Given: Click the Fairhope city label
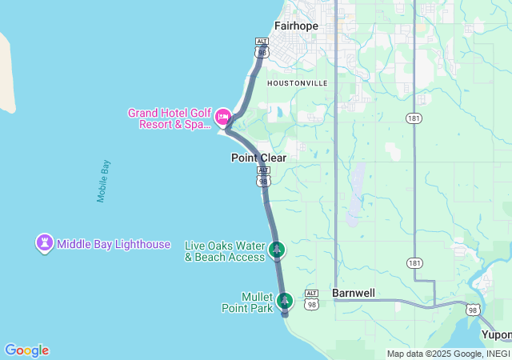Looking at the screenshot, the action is (296, 26).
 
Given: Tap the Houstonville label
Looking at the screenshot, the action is (297, 82).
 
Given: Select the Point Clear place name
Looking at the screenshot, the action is (258, 158).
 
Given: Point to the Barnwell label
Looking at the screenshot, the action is (354, 293).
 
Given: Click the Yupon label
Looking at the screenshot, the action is (496, 334).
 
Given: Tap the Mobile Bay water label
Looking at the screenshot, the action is (103, 181).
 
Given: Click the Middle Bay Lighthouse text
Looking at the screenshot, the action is (114, 243).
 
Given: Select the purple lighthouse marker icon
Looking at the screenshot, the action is (45, 242).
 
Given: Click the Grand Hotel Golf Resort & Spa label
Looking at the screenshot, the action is (169, 118).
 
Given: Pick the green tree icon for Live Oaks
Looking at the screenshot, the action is (277, 250).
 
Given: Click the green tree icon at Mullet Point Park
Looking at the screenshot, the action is (285, 301).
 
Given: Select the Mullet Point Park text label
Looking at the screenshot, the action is (257, 302).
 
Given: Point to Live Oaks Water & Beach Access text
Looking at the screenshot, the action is (225, 251).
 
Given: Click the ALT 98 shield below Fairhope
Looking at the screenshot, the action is (262, 47).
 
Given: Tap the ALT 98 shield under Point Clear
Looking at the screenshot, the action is (264, 178).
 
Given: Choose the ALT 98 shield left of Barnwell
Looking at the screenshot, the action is (312, 300).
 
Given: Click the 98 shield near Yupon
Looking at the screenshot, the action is (472, 310).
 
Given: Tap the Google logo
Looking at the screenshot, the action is (26, 350).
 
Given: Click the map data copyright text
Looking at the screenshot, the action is (448, 354).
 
